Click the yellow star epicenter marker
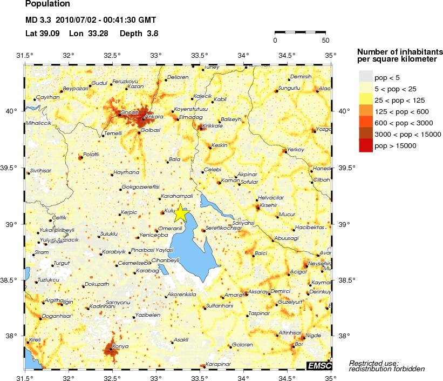point(180,213)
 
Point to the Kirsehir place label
point(269,206)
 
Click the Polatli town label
point(91,154)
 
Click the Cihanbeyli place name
point(165,260)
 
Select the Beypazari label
point(75,88)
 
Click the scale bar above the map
point(300,32)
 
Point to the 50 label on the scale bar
point(325,40)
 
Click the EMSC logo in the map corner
point(319,366)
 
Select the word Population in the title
point(47,4)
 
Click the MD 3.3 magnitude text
point(38,21)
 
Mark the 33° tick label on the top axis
point(156,55)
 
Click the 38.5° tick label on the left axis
point(11,280)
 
